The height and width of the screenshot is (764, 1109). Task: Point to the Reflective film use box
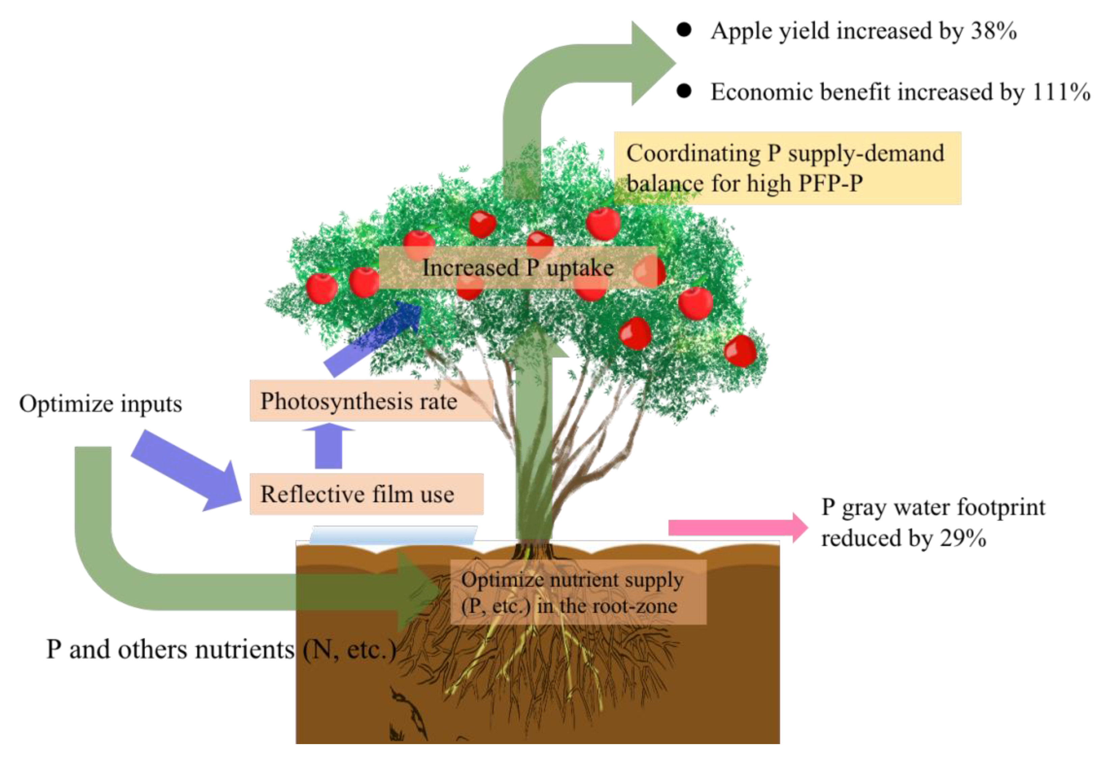tap(366, 494)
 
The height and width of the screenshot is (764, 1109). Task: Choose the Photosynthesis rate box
tap(371, 401)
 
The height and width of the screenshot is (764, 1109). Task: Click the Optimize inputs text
tap(101, 403)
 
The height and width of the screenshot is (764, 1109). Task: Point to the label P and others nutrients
tap(220, 650)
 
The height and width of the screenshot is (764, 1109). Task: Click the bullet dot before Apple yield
tap(684, 30)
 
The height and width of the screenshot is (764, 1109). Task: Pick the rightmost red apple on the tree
tap(740, 351)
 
